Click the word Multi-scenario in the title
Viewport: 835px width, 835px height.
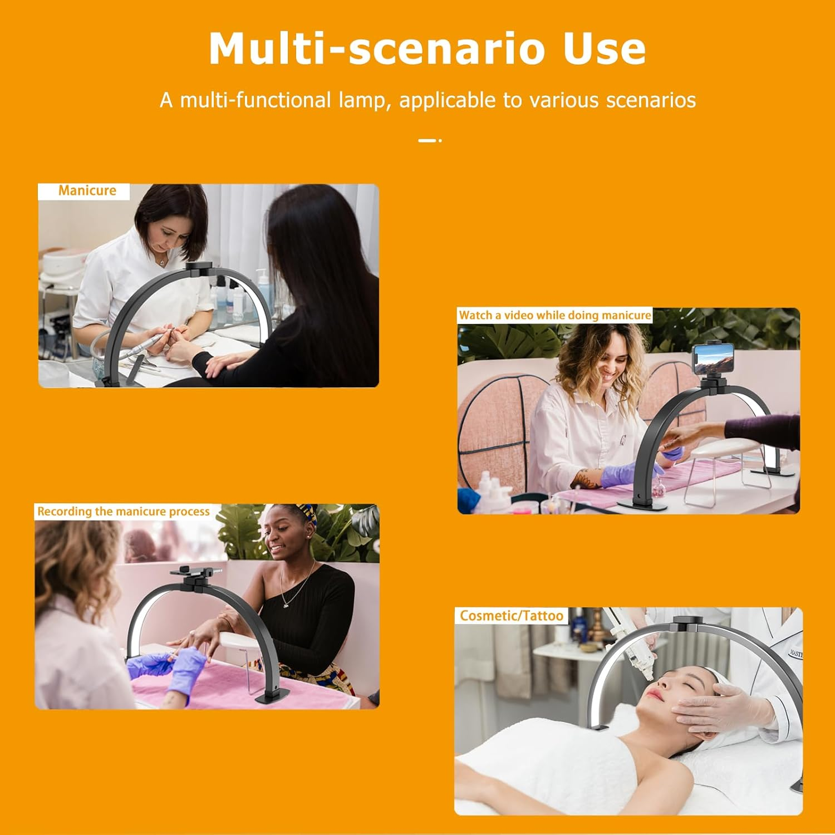376,48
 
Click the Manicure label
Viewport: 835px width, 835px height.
87,190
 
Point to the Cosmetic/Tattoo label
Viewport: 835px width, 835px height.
512,616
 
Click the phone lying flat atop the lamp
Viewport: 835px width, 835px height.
195,571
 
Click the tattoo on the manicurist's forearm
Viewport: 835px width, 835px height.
586,478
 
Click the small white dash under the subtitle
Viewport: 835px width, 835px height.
428,140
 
